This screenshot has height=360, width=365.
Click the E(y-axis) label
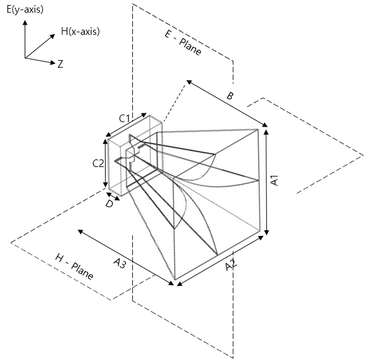tap(25, 9)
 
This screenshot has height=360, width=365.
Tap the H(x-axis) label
tap(80, 31)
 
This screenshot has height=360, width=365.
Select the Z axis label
tap(60, 64)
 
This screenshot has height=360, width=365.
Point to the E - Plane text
tap(183, 43)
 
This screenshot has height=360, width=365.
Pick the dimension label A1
tap(274, 180)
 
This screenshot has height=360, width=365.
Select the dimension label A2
tap(231, 265)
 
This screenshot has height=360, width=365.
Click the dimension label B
tap(230, 96)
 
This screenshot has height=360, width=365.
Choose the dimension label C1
tap(125, 118)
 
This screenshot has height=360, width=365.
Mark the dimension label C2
tap(98, 163)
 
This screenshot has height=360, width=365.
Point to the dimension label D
tap(109, 204)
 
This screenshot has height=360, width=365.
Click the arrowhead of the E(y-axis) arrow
tap(25, 22)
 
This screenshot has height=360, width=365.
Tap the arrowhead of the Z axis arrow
tap(53, 63)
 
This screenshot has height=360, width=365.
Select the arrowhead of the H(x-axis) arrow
tap(53, 36)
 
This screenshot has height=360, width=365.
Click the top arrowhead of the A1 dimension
tap(266, 132)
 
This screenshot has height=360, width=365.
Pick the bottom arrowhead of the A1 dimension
tap(267, 232)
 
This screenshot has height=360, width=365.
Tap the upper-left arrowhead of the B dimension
tap(189, 82)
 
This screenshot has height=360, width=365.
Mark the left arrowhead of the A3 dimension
tap(80, 232)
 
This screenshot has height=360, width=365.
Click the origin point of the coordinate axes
tap(25, 58)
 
